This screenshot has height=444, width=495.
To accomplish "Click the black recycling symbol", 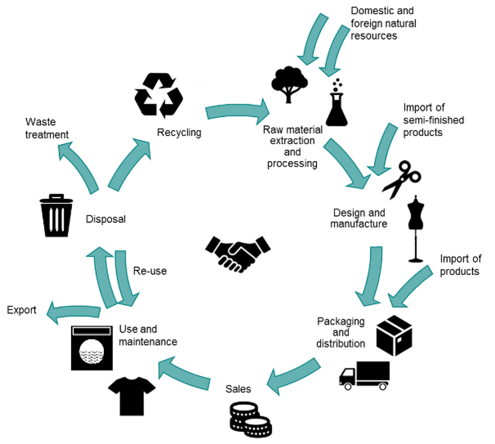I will click(x=158, y=95).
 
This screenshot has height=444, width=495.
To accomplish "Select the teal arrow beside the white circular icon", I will click(x=237, y=111).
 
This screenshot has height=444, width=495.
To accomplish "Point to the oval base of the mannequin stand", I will click(x=416, y=261).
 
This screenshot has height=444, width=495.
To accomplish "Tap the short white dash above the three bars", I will click(x=57, y=198).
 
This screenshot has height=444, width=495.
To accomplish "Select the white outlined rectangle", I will click(x=92, y=331).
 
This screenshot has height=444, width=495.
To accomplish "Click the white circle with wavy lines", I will click(x=92, y=352).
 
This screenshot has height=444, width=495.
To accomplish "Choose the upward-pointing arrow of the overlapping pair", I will click(x=103, y=276).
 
